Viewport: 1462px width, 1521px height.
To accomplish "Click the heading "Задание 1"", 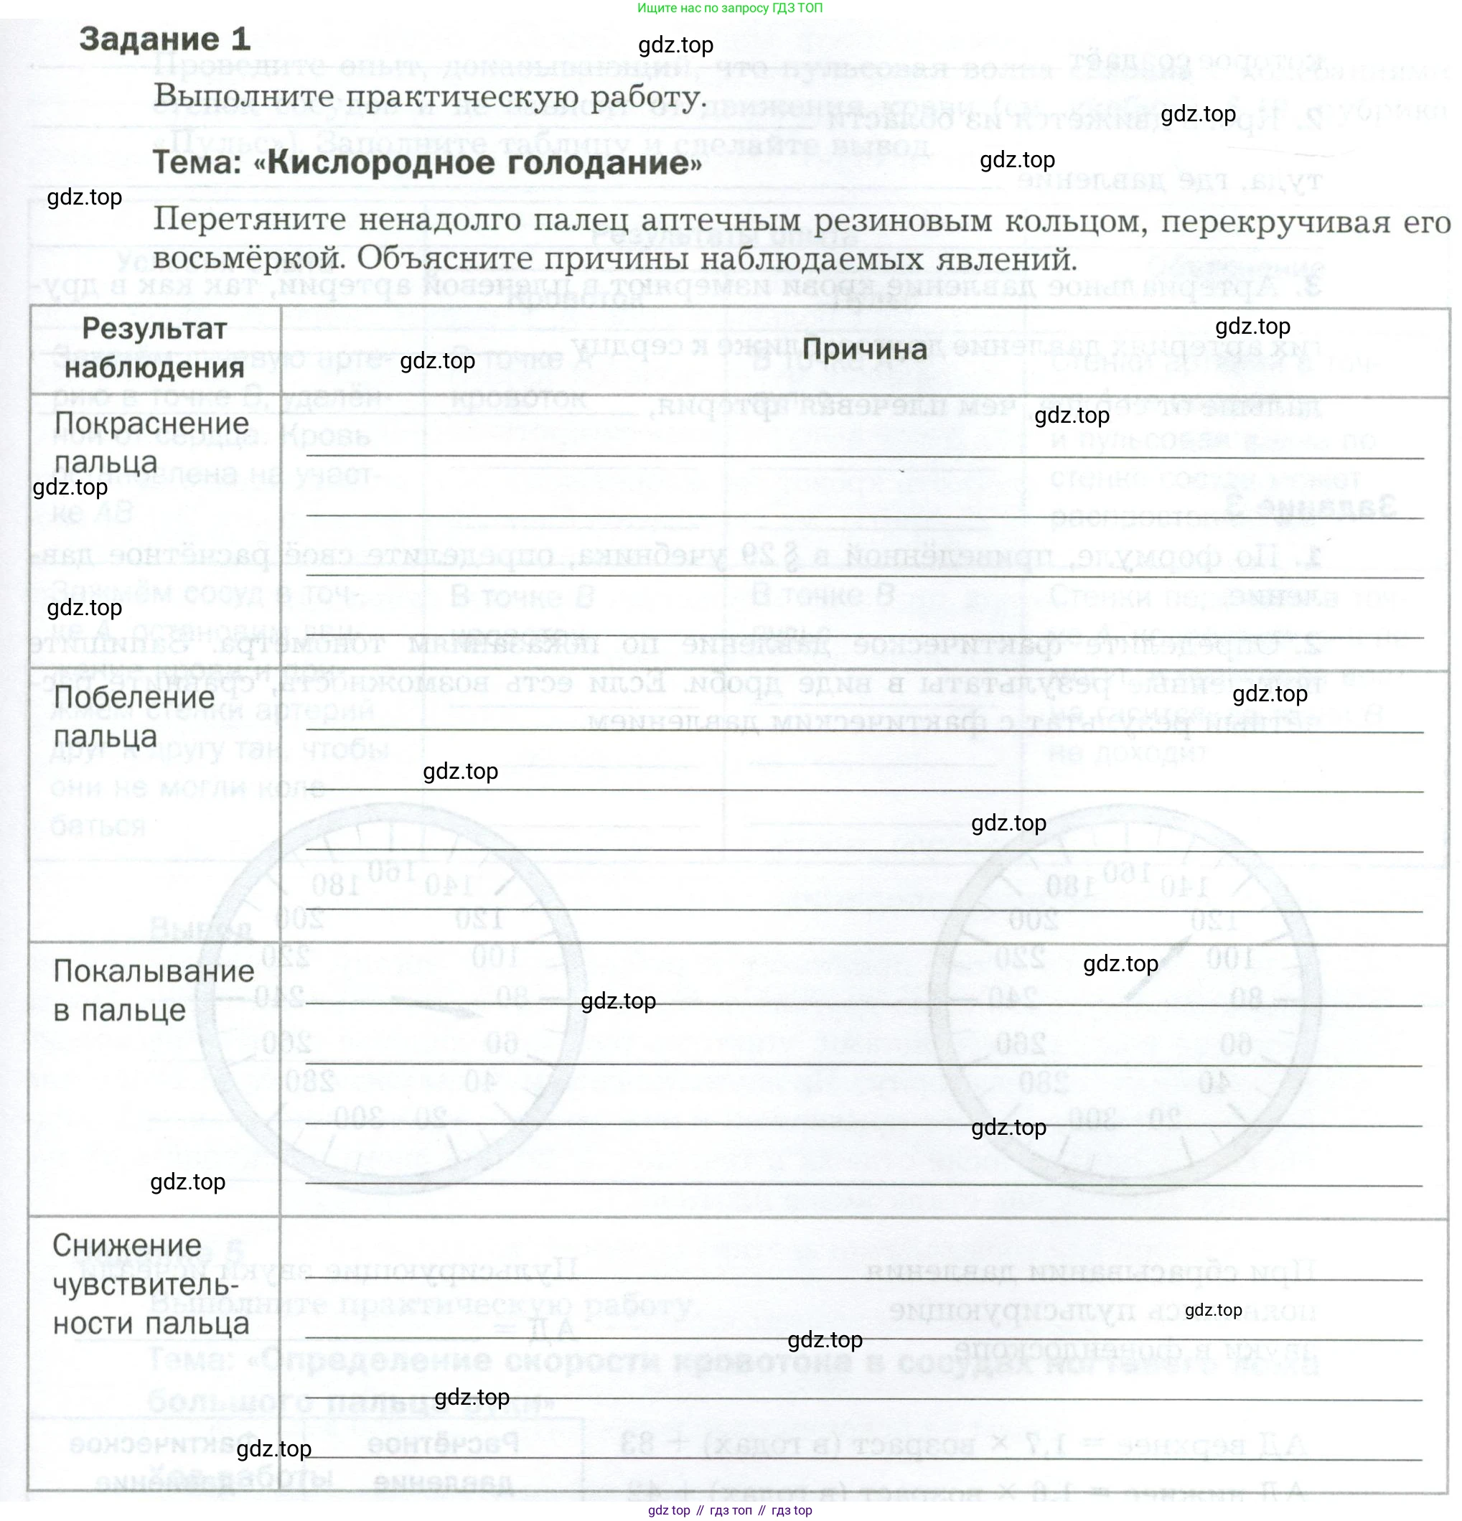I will click(x=164, y=39).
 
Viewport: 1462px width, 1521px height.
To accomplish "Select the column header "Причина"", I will click(x=863, y=350).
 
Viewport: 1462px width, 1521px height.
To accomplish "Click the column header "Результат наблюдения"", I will click(x=154, y=348).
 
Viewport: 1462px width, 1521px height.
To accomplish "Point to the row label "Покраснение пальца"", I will click(x=151, y=442).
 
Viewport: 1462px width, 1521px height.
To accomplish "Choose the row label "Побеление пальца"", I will click(x=133, y=716).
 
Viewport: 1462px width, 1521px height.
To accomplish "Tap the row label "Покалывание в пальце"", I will click(x=153, y=991).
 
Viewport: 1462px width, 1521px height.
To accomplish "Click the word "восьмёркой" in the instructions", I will click(x=248, y=259).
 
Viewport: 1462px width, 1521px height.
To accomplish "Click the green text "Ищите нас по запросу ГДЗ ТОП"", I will click(x=729, y=8).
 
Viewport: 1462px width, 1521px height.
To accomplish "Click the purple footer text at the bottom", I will click(x=729, y=1510).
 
